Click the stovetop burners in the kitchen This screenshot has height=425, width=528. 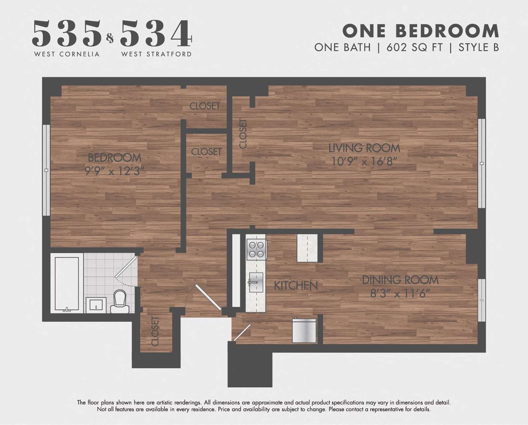point(256,249)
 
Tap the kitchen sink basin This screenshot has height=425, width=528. point(256,282)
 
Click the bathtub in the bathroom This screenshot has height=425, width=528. point(67,284)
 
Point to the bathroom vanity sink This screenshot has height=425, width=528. point(96,305)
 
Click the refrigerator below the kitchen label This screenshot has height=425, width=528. point(304,331)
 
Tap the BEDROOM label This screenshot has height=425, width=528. point(115,158)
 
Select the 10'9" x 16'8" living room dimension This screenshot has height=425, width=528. point(364,162)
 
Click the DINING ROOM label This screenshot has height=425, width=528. point(400,280)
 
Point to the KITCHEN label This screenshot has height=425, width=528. point(296,286)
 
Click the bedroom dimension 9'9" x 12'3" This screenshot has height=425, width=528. point(115,171)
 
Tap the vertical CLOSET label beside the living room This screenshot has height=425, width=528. point(243,134)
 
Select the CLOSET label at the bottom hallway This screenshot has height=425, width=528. point(155,331)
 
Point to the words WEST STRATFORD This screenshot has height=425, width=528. point(156,54)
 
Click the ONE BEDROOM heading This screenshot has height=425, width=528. point(421,31)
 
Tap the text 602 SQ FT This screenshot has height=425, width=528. point(414,48)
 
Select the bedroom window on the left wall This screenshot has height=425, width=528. point(46,170)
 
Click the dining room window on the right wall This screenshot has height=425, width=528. point(481,300)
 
